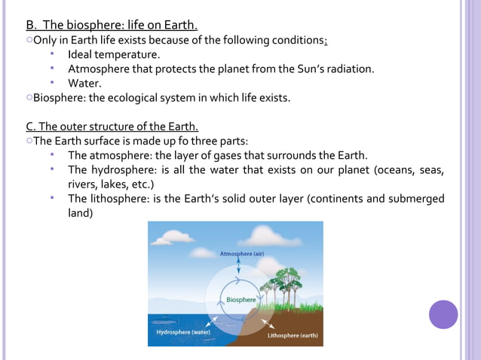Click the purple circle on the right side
[443, 314]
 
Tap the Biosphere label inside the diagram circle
[241, 299]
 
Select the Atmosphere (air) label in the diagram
[241, 254]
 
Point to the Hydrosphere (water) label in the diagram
[182, 331]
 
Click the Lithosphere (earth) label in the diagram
[293, 335]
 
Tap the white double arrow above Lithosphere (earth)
[264, 322]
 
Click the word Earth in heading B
[179, 26]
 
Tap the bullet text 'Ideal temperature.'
[114, 54]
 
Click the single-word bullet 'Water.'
[84, 83]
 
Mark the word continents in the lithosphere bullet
[336, 199]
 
